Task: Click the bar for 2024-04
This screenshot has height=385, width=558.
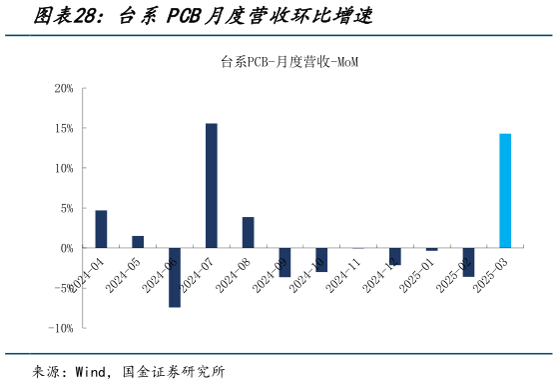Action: click(x=101, y=229)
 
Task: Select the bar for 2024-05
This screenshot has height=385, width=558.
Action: click(x=138, y=242)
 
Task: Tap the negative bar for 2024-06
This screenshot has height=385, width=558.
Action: click(x=175, y=277)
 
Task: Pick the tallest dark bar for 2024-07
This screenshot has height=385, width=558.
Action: click(x=212, y=186)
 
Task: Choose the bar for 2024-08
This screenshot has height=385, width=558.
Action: click(x=248, y=232)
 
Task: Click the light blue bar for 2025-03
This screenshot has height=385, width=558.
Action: click(x=505, y=191)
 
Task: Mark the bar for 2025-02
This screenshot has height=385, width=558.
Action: click(x=468, y=262)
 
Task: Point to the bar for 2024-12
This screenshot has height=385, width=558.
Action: click(x=395, y=256)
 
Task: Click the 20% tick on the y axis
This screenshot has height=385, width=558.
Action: click(x=64, y=89)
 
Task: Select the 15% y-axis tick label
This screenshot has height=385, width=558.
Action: click(x=64, y=129)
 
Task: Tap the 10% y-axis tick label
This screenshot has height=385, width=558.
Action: click(x=64, y=169)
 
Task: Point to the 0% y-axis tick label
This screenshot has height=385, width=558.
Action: click(x=67, y=248)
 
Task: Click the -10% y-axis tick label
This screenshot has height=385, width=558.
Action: click(x=62, y=328)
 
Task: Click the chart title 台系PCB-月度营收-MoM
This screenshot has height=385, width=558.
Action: click(x=289, y=62)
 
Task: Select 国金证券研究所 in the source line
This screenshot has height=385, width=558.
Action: click(x=174, y=371)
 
